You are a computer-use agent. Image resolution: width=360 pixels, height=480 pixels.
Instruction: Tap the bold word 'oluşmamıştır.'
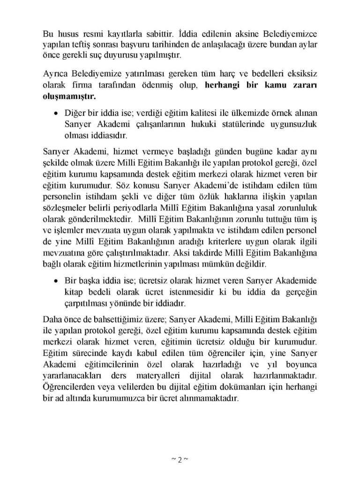pos(68,97)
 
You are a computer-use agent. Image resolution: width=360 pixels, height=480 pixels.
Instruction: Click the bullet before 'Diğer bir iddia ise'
pos(55,113)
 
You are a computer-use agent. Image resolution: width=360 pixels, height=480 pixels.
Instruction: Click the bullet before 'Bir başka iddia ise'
pos(55,281)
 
